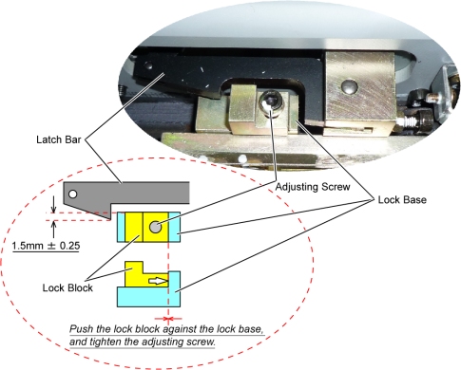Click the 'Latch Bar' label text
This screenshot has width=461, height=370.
(59, 139)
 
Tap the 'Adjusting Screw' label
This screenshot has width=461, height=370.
(313, 187)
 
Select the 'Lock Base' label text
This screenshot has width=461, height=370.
(402, 200)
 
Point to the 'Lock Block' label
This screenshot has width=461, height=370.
(67, 287)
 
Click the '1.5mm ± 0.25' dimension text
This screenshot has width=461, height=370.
(46, 246)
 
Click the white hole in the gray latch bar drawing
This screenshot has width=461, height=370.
(73, 194)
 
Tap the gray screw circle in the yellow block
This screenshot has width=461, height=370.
(155, 227)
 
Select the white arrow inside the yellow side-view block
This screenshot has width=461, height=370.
(158, 281)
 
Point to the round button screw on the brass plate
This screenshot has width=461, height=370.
(349, 86)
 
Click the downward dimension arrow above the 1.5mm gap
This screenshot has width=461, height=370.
(53, 204)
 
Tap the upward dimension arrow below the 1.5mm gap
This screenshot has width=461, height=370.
(53, 230)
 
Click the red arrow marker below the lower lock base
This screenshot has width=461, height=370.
(168, 319)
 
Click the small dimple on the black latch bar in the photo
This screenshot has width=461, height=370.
(148, 66)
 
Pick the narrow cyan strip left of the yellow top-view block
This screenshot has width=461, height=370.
(121, 227)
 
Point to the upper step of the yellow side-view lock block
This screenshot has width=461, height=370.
(134, 268)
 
